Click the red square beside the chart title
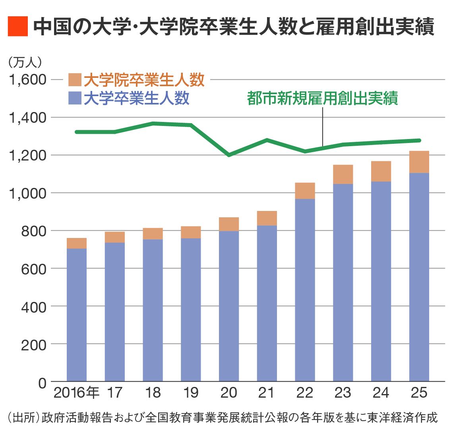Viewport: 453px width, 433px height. [x=17, y=27]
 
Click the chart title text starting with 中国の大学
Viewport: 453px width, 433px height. [x=234, y=27]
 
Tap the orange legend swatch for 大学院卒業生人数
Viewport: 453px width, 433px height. [x=75, y=80]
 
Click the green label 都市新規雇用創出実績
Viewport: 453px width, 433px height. [x=322, y=98]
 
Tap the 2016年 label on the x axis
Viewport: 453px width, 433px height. [x=76, y=393]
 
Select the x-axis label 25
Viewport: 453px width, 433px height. [x=419, y=393]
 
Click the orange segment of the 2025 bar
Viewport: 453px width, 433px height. [x=419, y=162]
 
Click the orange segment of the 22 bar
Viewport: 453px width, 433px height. [x=305, y=191]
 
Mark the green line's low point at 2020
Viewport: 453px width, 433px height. [x=229, y=155]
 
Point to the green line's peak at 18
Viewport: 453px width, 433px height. [x=153, y=124]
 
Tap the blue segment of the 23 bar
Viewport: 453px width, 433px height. [x=343, y=282]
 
